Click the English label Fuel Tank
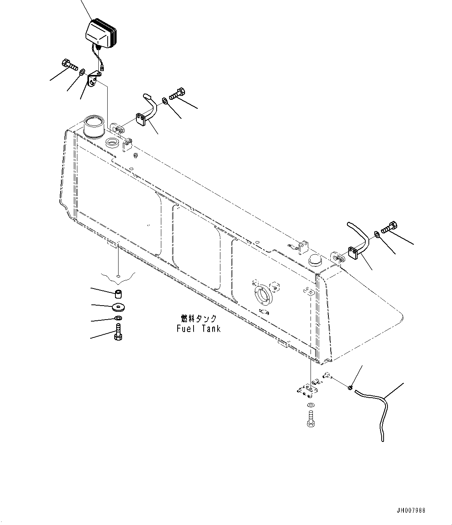[198, 329]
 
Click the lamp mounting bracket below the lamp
[93, 80]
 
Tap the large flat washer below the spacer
[118, 307]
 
